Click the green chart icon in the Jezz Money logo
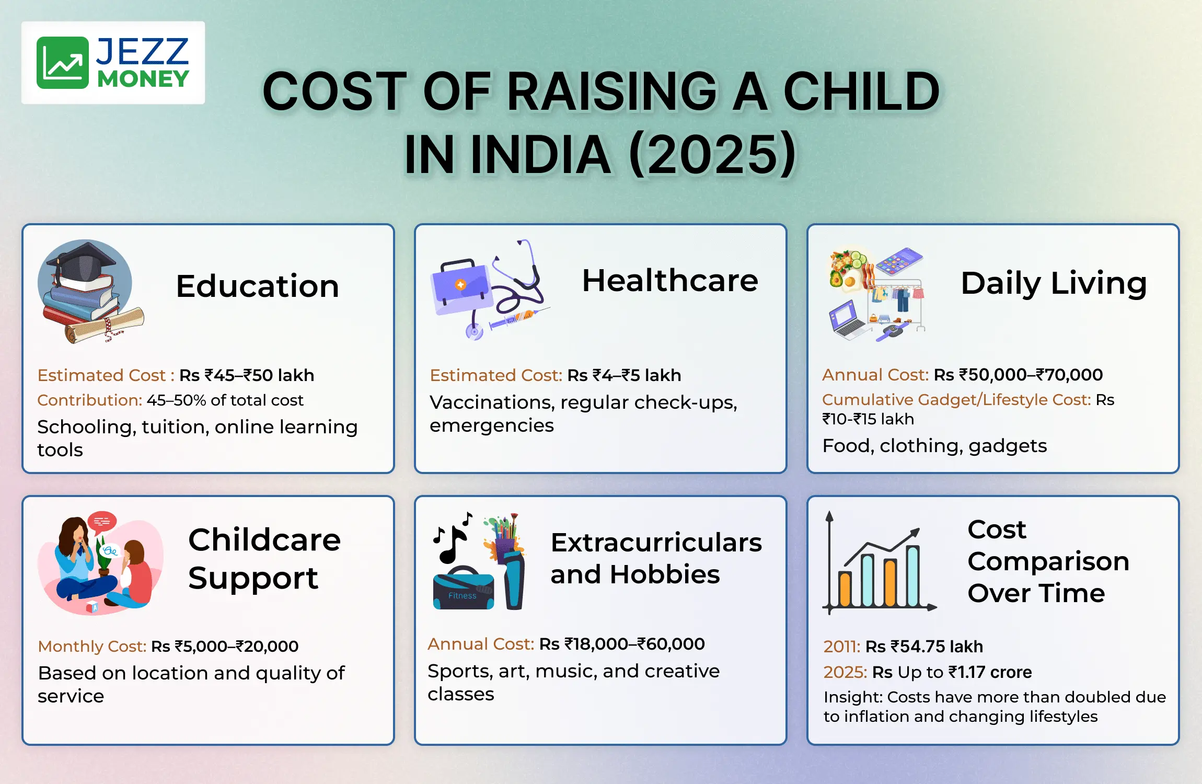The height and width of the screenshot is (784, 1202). click(x=63, y=63)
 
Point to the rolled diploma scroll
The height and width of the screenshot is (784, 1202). click(x=105, y=325)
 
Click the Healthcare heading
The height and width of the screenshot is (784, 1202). click(x=670, y=280)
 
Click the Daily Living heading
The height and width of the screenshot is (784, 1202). click(x=1054, y=284)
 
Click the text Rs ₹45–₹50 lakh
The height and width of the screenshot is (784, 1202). click(x=247, y=375)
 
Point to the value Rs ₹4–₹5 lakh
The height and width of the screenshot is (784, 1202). click(x=625, y=375)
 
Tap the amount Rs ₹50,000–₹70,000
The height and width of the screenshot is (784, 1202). click(x=1018, y=375)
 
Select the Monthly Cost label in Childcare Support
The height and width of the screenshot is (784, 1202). click(x=92, y=647)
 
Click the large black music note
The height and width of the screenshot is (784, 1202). click(x=450, y=544)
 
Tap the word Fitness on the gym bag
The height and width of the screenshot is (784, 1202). click(x=463, y=596)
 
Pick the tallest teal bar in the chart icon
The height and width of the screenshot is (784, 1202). click(x=913, y=575)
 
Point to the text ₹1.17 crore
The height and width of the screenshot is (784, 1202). click(x=990, y=672)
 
